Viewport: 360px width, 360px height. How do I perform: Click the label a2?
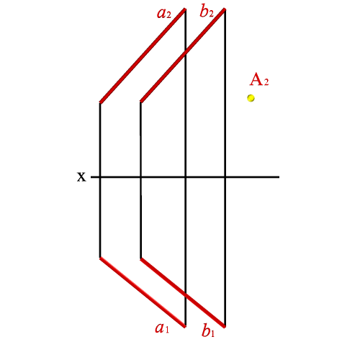pyautogui.click(x=164, y=14)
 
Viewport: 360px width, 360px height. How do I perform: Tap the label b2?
pyautogui.click(x=207, y=12)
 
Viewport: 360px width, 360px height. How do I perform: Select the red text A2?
pyautogui.click(x=259, y=80)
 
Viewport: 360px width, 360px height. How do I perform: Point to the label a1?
pyautogui.click(x=162, y=328)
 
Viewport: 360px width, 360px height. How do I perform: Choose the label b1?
pyautogui.click(x=208, y=330)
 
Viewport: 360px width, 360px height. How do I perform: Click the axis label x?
pyautogui.click(x=81, y=177)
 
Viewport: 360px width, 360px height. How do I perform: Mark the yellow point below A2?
pyautogui.click(x=251, y=98)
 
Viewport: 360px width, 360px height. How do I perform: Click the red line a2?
pyautogui.click(x=143, y=56)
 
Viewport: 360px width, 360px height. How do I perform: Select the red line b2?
pyautogui.click(x=183, y=55)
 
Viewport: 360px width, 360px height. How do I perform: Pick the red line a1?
pyautogui.click(x=143, y=292)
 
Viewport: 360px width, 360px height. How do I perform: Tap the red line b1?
pyautogui.click(x=183, y=292)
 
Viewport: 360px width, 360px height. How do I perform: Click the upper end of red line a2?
pyautogui.click(x=185, y=9)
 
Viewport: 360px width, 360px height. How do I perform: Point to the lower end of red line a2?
pyautogui.click(x=100, y=103)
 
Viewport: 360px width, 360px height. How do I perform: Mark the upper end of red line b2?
pyautogui.click(x=225, y=9)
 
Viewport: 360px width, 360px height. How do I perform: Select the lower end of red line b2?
pyautogui.click(x=141, y=102)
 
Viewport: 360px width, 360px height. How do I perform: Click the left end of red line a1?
pyautogui.click(x=100, y=258)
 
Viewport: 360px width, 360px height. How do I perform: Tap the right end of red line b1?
pyautogui.click(x=225, y=327)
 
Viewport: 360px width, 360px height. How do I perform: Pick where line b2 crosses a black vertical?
pyautogui.click(x=185, y=54)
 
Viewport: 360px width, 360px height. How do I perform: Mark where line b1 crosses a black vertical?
pyautogui.click(x=185, y=294)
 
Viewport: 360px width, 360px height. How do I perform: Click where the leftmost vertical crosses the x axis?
pyautogui.click(x=100, y=177)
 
